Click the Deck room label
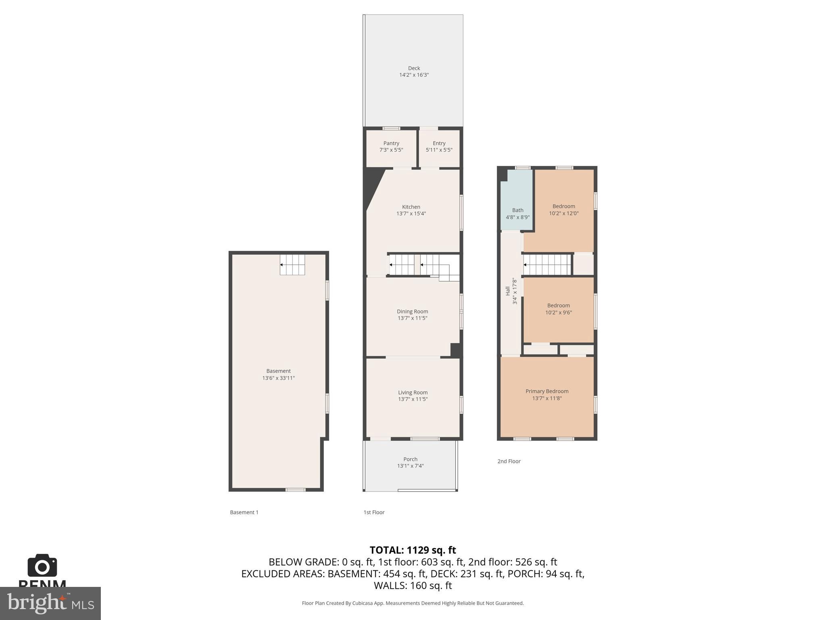[x=414, y=68]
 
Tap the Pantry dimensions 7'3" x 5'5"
[x=391, y=150]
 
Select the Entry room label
[x=439, y=143]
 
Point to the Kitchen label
[x=411, y=207]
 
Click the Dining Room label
[x=412, y=312]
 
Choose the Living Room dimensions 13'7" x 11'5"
[x=413, y=399]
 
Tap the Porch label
[x=410, y=459]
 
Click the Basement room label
[x=278, y=371]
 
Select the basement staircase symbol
[x=292, y=265]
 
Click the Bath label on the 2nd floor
[x=517, y=210]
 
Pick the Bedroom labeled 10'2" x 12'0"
[x=563, y=209]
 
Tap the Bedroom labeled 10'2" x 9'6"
[x=558, y=309]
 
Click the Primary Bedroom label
[x=546, y=392]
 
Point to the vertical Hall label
[x=508, y=291]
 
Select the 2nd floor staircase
[x=547, y=265]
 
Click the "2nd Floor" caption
[x=509, y=461]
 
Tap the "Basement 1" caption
[x=244, y=512]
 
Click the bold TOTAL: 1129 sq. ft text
[x=413, y=550]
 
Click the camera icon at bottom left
[x=42, y=566]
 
